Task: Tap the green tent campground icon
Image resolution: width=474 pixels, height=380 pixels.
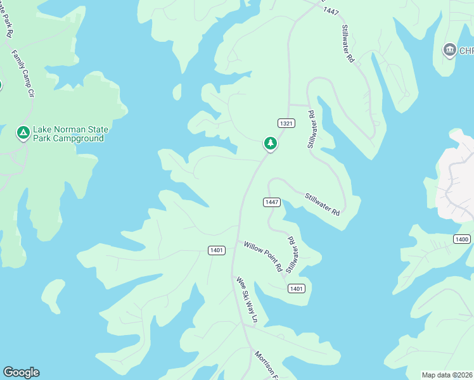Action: point(23,133)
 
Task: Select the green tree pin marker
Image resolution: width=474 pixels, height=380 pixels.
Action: point(271,143)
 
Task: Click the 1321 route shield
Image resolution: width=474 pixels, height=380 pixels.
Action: point(286,123)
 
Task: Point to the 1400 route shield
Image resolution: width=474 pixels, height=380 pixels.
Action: point(462,239)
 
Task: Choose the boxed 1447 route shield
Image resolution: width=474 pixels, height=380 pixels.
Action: point(272,202)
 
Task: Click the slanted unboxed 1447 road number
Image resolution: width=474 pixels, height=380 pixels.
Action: point(331,11)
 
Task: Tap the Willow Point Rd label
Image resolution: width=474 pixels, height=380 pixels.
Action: point(263,256)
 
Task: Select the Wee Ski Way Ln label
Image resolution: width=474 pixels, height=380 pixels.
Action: point(247,300)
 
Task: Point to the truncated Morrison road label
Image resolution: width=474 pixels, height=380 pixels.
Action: point(267,364)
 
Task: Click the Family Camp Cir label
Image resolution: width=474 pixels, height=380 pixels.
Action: point(22,74)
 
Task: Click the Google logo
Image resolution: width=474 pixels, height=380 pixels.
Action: point(21,372)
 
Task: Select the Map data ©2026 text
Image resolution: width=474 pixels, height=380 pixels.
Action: point(447,374)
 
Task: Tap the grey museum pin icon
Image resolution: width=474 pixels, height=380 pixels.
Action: point(450,49)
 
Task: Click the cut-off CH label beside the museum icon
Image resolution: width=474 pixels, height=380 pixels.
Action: point(466,51)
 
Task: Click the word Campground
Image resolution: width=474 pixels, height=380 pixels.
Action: point(78,138)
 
